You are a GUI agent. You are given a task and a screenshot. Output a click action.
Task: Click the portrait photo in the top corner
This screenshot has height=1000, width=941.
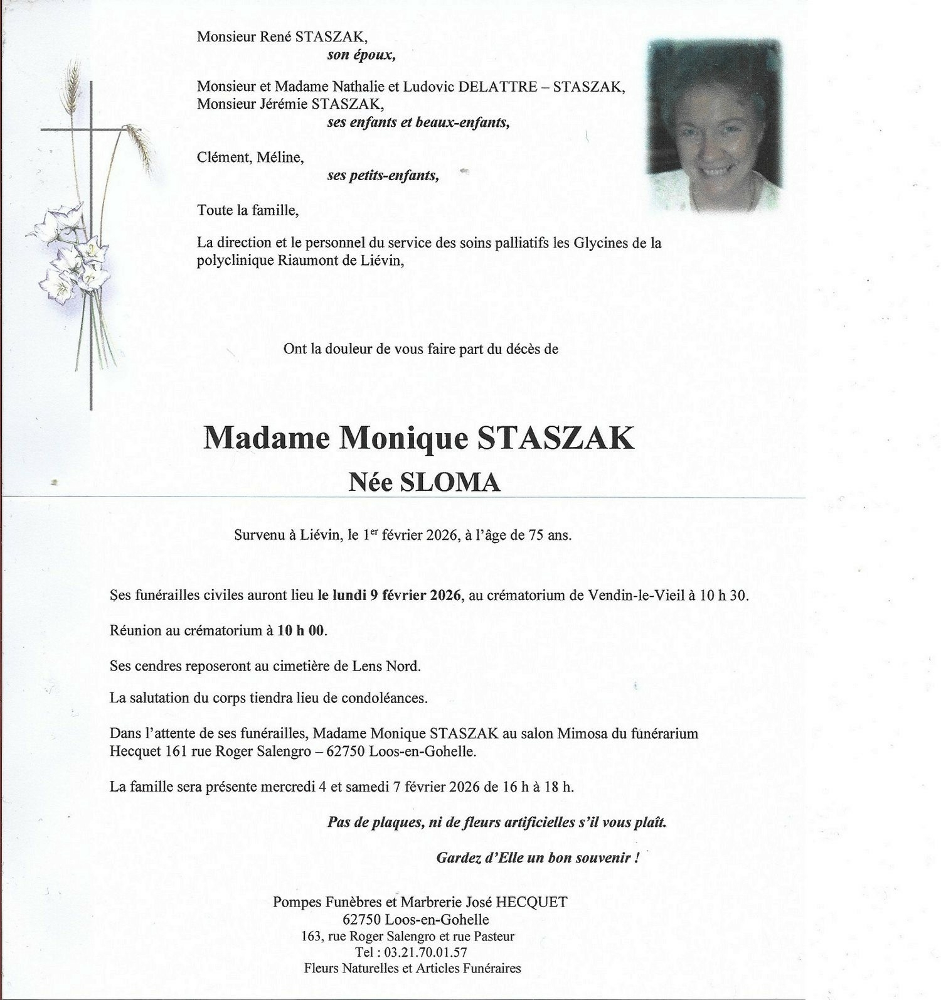point(715,126)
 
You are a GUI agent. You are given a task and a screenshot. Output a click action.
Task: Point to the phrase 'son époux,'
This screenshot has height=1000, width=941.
point(361,55)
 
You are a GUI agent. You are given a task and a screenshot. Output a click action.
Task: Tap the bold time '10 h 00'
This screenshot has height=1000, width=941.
point(301,630)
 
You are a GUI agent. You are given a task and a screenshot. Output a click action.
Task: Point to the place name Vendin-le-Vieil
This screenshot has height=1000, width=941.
point(636,595)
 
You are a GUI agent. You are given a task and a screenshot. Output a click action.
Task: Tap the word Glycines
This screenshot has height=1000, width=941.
point(600,243)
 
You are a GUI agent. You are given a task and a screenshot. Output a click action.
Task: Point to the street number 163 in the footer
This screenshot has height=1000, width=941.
point(312,936)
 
